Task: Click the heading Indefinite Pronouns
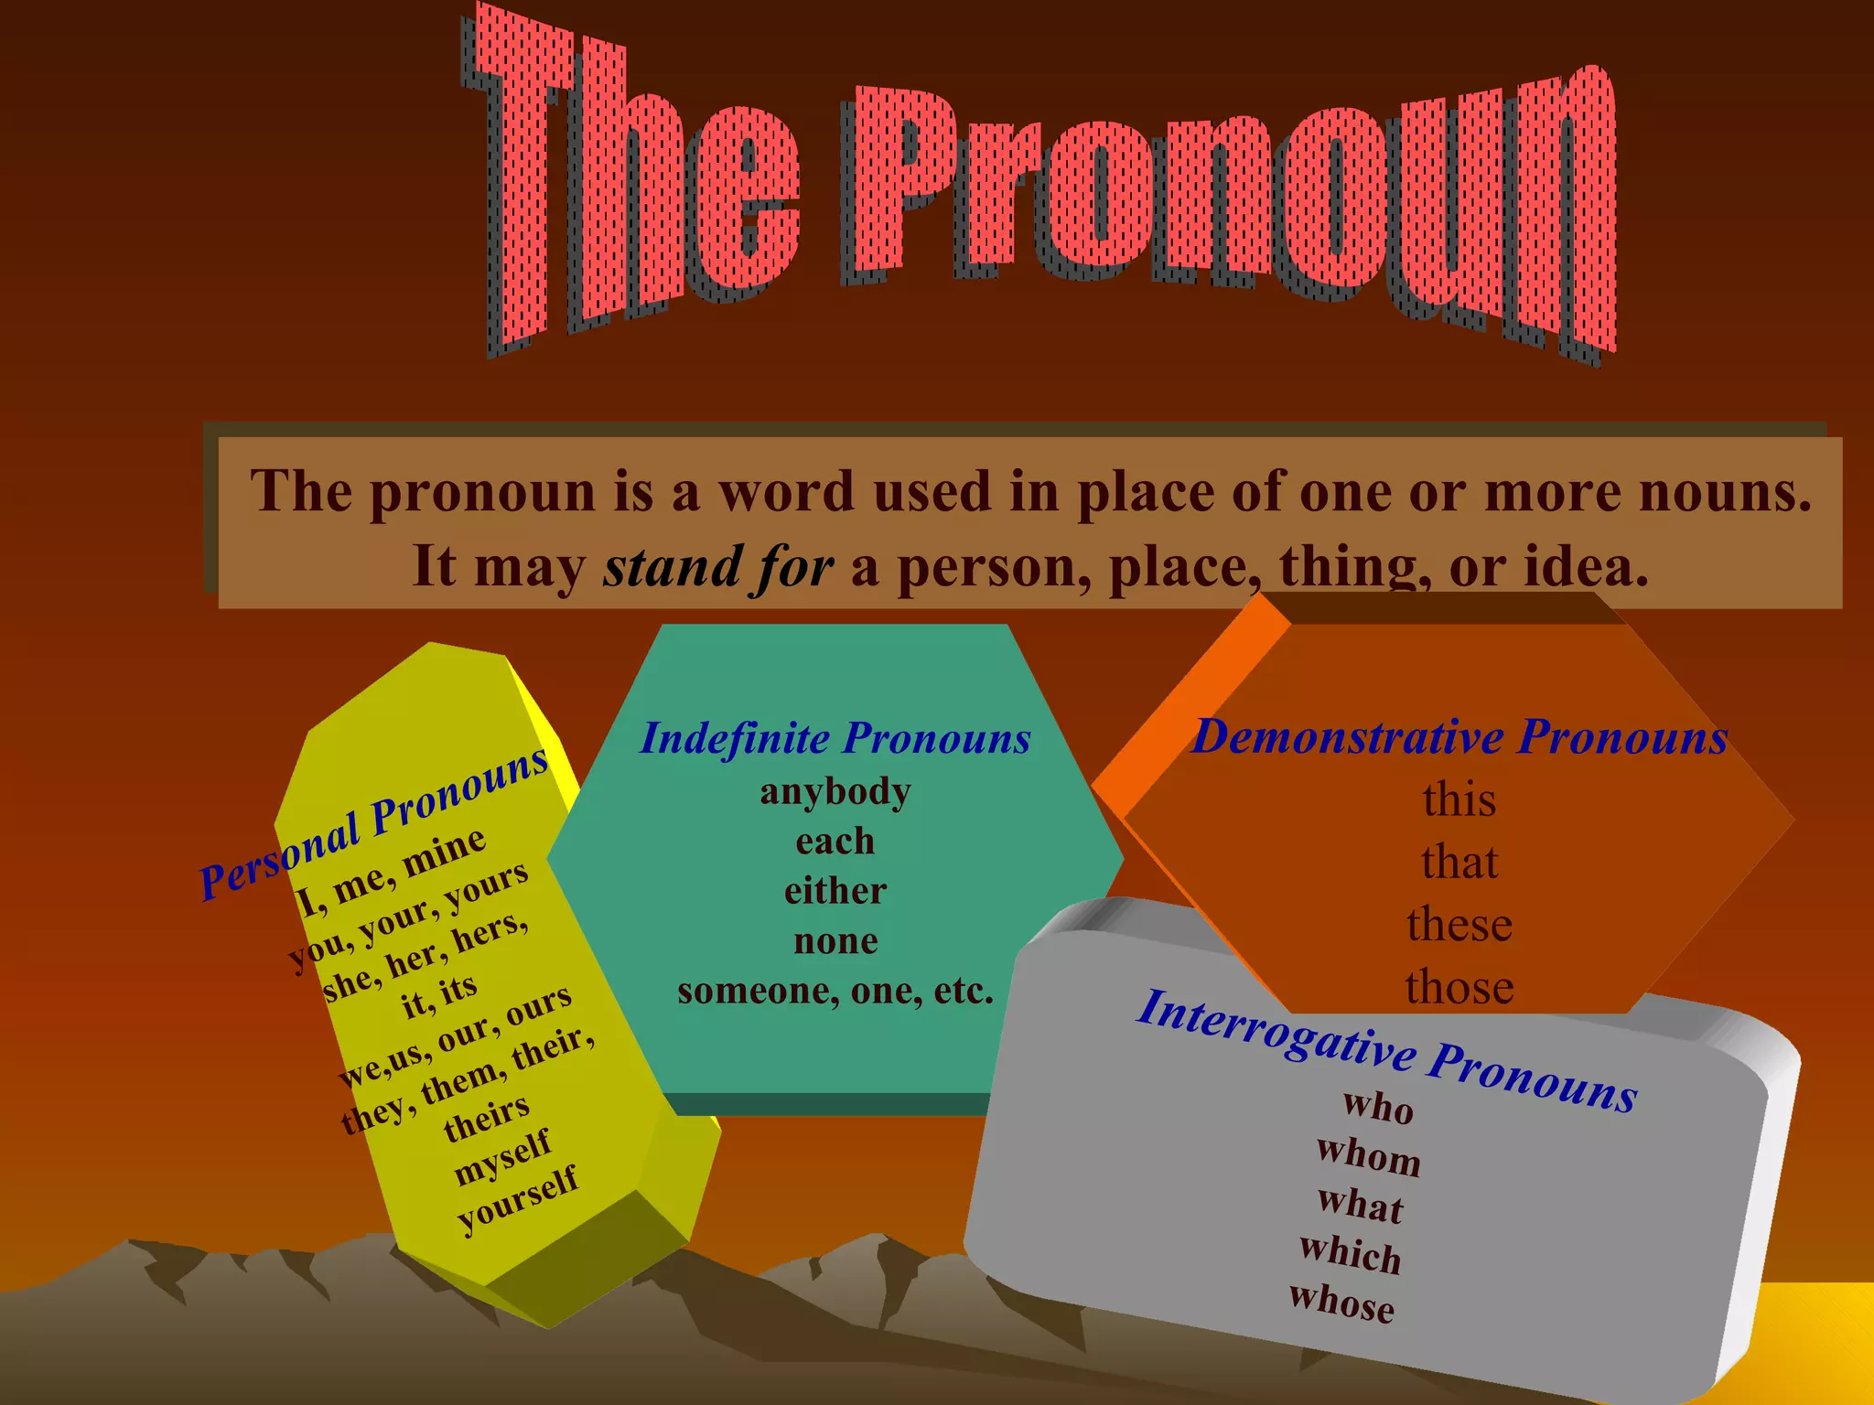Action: point(835,738)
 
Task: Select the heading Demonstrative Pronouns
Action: point(1459,736)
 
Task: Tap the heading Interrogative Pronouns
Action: point(1386,1049)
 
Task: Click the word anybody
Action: point(835,791)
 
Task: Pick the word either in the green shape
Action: point(835,891)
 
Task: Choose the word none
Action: point(835,941)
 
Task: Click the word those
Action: point(1459,987)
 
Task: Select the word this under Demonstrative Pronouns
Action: point(1459,799)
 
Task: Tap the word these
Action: point(1459,925)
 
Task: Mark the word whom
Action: point(1369,1156)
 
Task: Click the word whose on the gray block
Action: point(1342,1302)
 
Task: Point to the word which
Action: point(1351,1253)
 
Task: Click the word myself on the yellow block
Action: point(502,1157)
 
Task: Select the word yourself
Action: point(518,1198)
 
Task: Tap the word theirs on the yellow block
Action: point(487,1117)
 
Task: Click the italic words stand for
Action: point(718,567)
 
